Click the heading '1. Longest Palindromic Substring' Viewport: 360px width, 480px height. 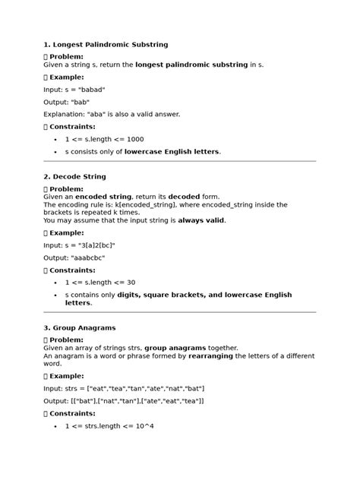tap(106, 45)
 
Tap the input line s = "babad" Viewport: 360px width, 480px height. tap(74, 89)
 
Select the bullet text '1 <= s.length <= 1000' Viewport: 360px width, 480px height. tap(104, 139)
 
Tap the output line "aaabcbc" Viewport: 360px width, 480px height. tap(74, 258)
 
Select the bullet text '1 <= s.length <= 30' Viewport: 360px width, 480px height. tap(100, 283)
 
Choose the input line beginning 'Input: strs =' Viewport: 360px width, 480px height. tap(116, 388)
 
